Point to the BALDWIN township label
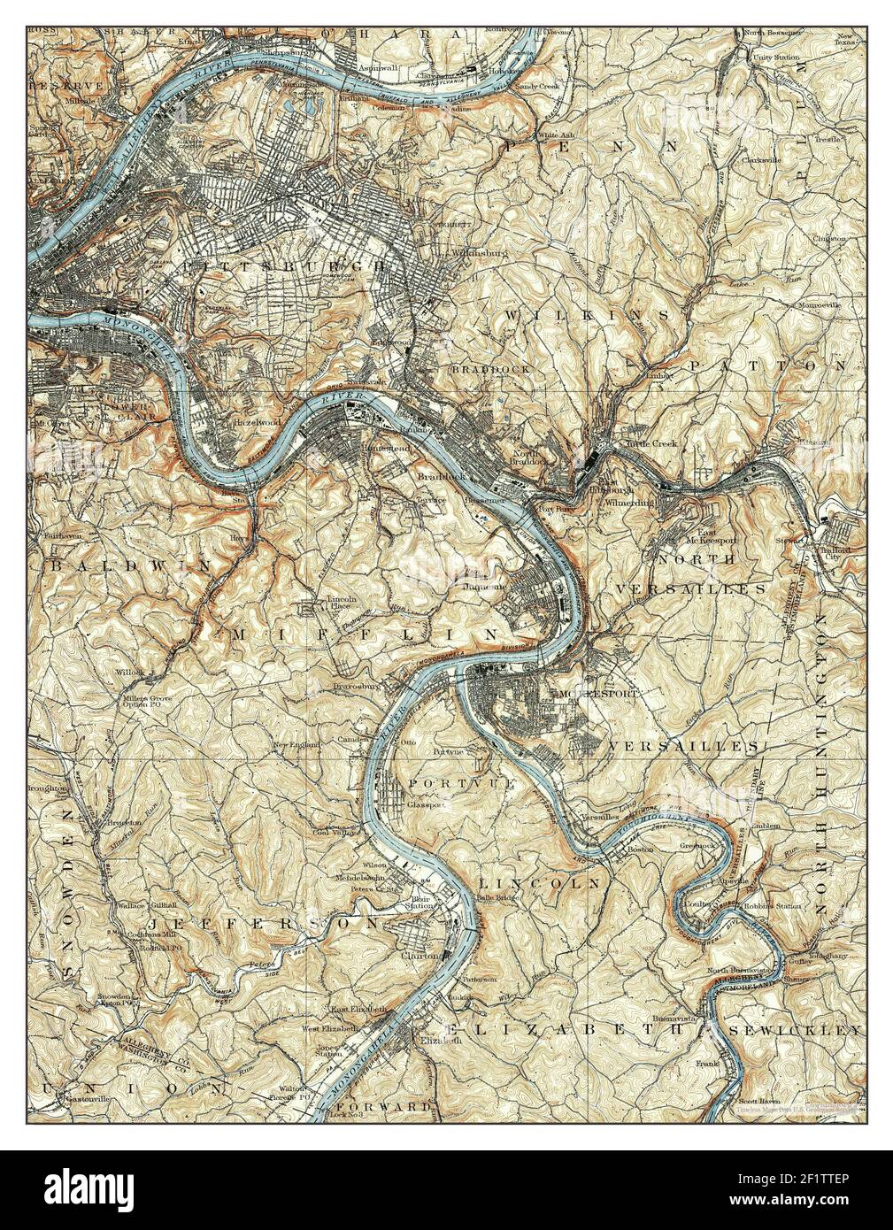130,564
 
